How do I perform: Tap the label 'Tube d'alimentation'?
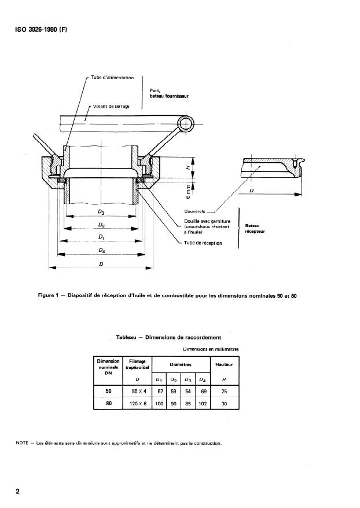coord(112,77)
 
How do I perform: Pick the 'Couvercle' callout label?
coord(196,211)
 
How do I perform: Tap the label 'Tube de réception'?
coord(203,243)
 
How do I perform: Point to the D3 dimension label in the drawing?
coord(101,213)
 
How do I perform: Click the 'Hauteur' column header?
coord(223,364)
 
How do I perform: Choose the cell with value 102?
coord(201,404)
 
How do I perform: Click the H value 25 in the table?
coord(223,392)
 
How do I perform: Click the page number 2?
coord(18,491)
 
